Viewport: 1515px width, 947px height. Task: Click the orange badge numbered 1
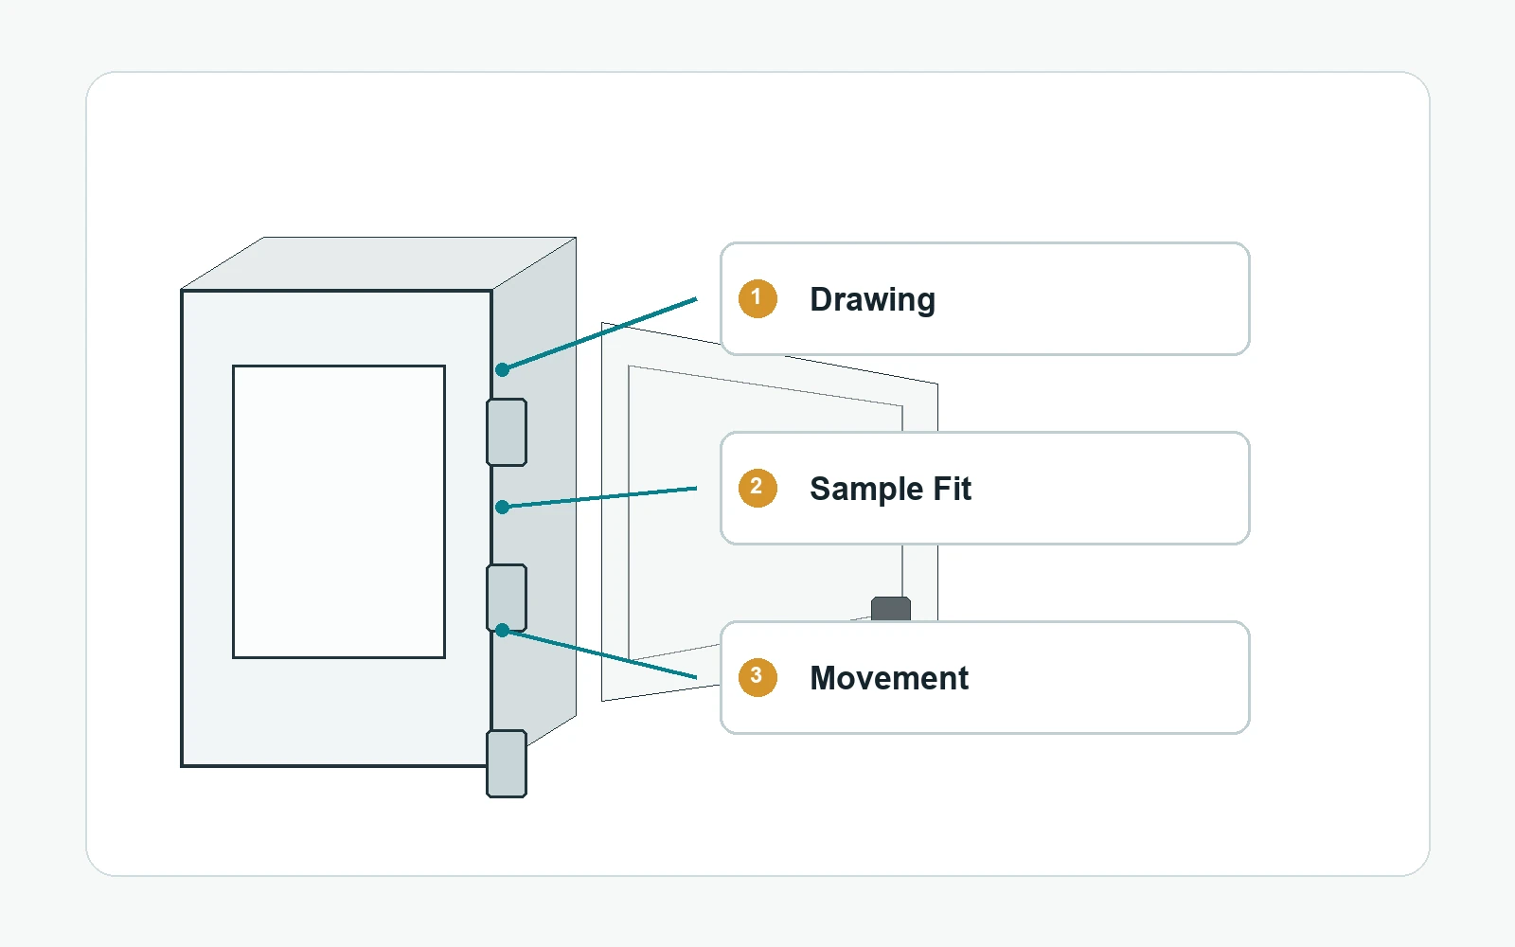757,298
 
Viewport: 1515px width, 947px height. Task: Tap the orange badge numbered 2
757,488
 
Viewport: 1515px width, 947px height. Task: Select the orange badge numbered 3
757,677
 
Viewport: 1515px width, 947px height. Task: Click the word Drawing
872,299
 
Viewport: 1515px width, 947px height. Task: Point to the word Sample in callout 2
866,490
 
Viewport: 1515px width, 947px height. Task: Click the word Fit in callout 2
953,489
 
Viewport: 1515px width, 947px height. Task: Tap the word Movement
889,678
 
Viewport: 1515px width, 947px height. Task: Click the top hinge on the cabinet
507,432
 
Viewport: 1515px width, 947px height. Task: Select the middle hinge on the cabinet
507,598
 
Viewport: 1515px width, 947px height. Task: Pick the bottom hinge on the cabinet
507,763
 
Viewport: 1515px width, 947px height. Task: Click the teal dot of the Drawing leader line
502,370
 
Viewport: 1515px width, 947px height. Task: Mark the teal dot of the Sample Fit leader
502,508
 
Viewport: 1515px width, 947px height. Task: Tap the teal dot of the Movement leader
502,631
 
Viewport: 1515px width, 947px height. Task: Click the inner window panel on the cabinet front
339,511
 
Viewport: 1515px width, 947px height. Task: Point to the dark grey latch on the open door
891,608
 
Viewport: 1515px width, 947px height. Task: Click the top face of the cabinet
379,263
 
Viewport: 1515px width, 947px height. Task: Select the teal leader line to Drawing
599,334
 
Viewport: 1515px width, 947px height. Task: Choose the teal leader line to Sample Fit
599,498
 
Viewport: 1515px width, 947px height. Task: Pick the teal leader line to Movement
599,654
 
